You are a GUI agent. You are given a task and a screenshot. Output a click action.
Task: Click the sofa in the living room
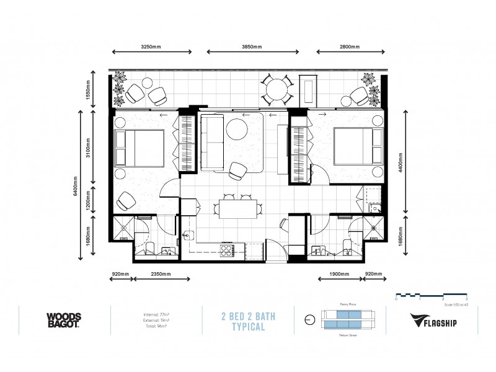point(212,143)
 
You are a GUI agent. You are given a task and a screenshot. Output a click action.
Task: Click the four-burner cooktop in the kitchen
point(226,250)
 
